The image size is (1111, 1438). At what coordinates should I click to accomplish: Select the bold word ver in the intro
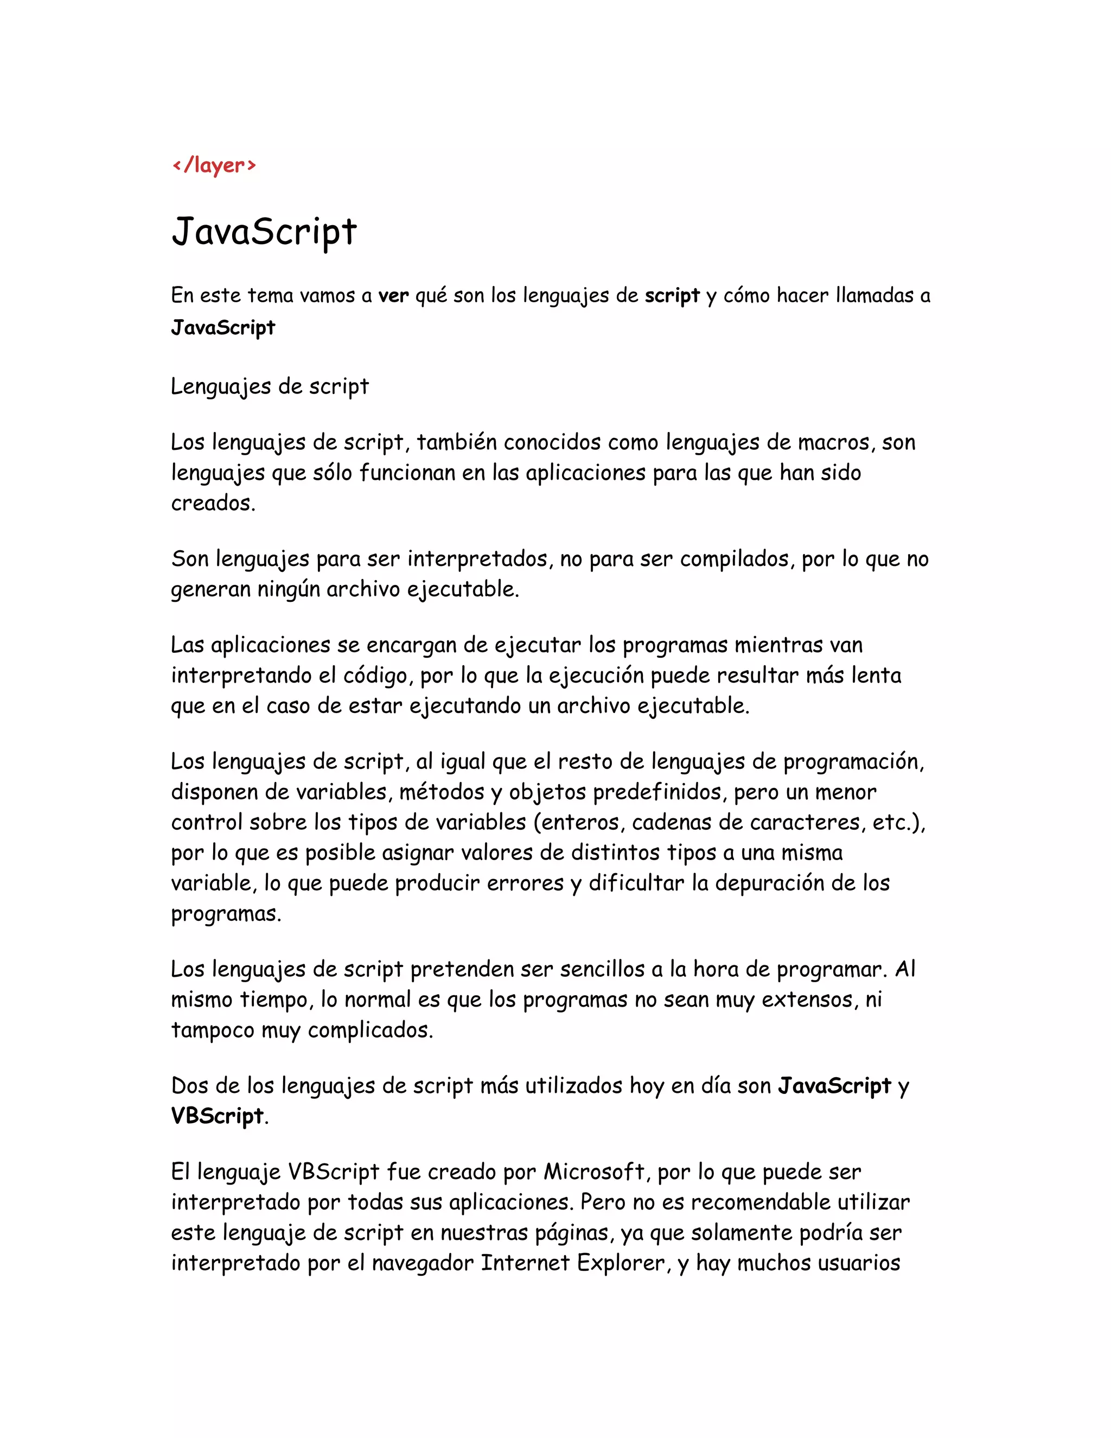pos(394,296)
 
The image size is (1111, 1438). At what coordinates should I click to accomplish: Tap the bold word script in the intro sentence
pos(672,296)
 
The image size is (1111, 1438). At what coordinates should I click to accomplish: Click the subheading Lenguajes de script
pos(269,386)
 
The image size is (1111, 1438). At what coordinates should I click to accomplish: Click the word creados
pos(212,503)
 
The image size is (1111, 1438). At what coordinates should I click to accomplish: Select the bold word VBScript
pos(217,1116)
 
